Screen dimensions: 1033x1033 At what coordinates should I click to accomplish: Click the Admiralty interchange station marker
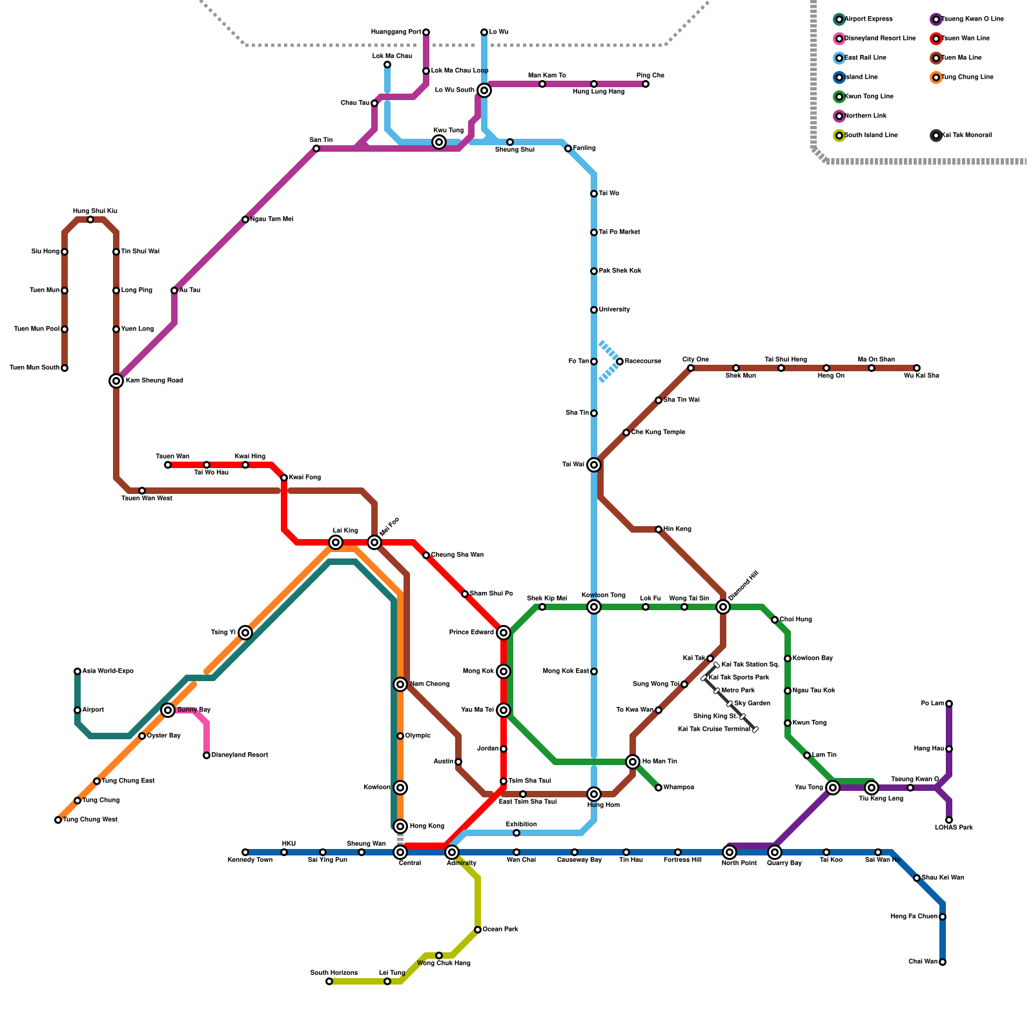coord(452,852)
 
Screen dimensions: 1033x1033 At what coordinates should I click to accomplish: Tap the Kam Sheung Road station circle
coord(116,381)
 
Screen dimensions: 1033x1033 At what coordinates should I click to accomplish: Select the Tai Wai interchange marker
coord(594,465)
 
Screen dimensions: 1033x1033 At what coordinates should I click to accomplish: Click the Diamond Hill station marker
coord(723,607)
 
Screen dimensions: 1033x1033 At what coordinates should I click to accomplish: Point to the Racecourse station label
coord(642,362)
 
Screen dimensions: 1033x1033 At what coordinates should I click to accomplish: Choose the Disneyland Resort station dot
coord(207,755)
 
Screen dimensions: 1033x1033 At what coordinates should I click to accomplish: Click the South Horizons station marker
coord(329,981)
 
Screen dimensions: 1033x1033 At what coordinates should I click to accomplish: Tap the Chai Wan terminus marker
coord(943,962)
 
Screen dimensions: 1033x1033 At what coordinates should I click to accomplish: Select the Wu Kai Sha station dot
coord(917,368)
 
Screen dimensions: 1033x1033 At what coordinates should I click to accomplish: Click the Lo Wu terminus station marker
coord(484,32)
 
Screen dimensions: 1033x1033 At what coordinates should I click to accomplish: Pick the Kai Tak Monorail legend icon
coord(936,136)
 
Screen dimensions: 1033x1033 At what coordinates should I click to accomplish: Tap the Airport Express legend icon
coord(839,19)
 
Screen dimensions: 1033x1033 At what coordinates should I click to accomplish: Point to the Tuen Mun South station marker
coord(65,368)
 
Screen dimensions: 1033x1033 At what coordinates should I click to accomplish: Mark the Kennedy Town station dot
coord(245,852)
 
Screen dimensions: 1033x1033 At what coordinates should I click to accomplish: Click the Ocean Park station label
coord(500,930)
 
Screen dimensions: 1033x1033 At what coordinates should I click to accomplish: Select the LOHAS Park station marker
coord(949,820)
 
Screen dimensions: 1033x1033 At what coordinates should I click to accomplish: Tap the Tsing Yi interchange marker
coord(245,633)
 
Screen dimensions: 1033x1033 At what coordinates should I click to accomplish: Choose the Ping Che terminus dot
coord(646,84)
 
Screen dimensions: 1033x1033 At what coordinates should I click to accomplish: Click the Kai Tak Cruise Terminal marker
coord(755,730)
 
